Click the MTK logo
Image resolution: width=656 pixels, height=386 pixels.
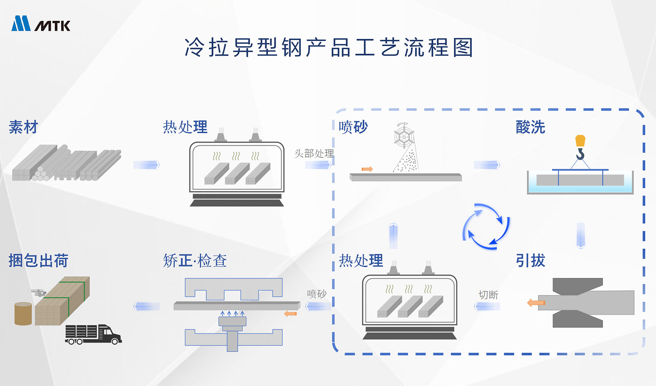coord(41,24)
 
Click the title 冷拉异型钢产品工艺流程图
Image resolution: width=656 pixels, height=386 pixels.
coord(329,47)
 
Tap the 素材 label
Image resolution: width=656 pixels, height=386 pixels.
coord(24,127)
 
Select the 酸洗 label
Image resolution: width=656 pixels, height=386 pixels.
coord(530,127)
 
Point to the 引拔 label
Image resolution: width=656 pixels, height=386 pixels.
coord(530,260)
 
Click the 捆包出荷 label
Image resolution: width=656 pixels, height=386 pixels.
coord(39,260)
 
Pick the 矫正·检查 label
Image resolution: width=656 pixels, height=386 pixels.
coord(195,260)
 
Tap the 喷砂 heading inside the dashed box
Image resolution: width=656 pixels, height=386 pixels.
coord(353,127)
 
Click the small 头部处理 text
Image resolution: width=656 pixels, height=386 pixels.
coord(314,153)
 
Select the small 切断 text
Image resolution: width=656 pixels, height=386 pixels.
coord(488,295)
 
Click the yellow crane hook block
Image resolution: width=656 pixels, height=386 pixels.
coord(580,141)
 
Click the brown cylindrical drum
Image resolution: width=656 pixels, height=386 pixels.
coord(23,314)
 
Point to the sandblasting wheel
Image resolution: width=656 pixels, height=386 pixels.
coord(404,136)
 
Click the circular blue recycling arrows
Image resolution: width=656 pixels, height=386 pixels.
coord(486,227)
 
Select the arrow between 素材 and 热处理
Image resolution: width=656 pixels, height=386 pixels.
coord(146,165)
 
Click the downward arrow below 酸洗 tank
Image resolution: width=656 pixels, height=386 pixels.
coord(581,235)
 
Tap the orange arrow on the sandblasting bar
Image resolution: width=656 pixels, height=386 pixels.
coord(367,169)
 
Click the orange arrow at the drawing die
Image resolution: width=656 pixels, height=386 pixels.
coord(536,303)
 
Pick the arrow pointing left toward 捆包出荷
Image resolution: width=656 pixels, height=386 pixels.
coord(147,306)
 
